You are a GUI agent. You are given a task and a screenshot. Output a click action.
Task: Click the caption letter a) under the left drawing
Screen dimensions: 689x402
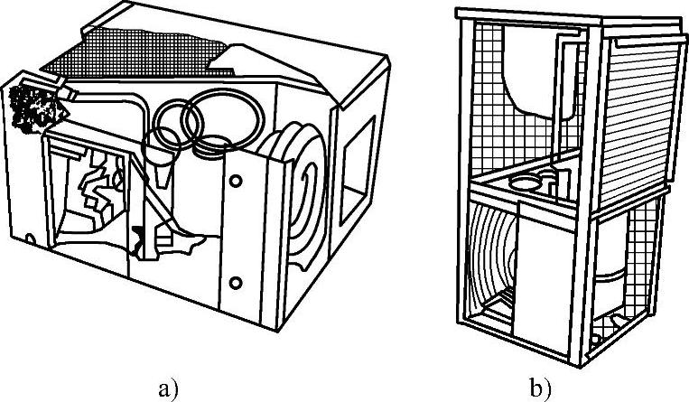(168, 389)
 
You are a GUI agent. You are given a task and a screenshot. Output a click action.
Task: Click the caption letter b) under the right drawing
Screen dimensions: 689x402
(541, 388)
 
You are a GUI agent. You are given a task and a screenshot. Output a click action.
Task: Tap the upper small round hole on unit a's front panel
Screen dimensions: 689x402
(236, 181)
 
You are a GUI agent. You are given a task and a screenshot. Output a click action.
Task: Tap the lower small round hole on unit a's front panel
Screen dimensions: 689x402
(236, 283)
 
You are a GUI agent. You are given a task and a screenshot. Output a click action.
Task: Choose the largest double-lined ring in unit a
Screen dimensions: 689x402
(225, 116)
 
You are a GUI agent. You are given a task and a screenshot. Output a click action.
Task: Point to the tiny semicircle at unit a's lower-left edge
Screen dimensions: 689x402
(30, 239)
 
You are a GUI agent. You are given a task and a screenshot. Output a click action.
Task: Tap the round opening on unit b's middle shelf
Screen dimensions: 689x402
(525, 182)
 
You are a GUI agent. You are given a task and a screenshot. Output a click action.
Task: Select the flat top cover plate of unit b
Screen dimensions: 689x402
(572, 18)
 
